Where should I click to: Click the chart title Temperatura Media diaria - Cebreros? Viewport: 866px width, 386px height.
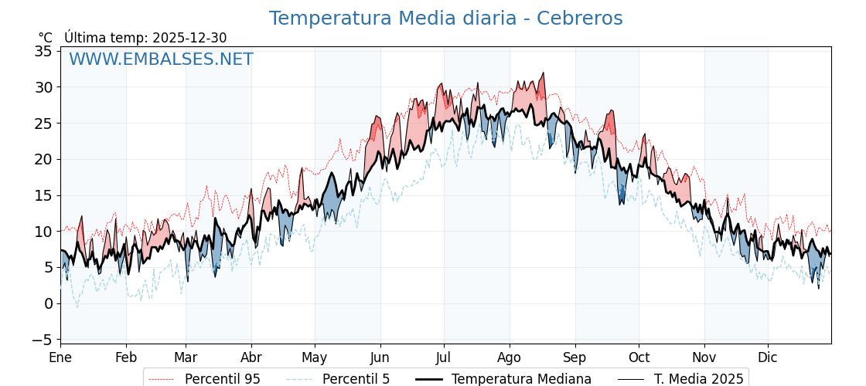pyautogui.click(x=445, y=19)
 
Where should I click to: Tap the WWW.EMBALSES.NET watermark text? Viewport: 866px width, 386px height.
pyautogui.click(x=161, y=59)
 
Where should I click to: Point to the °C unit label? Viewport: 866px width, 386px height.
pyautogui.click(x=45, y=38)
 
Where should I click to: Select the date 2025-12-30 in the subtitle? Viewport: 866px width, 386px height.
pyautogui.click(x=189, y=38)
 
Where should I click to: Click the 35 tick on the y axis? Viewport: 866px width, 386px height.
pyautogui.click(x=43, y=51)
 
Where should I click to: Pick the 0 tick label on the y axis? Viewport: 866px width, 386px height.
pyautogui.click(x=48, y=303)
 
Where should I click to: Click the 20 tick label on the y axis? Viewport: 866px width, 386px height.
pyautogui.click(x=43, y=159)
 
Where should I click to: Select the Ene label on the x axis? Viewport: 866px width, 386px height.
pyautogui.click(x=60, y=357)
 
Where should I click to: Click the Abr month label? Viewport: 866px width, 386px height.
pyautogui.click(x=251, y=357)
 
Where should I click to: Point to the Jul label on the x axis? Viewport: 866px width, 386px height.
pyautogui.click(x=444, y=357)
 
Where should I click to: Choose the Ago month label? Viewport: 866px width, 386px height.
pyautogui.click(x=510, y=357)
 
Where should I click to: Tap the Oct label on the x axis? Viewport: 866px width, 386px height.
pyautogui.click(x=639, y=357)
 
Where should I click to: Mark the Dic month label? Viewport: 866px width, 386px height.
pyautogui.click(x=768, y=357)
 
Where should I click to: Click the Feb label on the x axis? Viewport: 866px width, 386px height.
pyautogui.click(x=126, y=357)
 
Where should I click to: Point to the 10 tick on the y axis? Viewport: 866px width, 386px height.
pyautogui.click(x=43, y=232)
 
